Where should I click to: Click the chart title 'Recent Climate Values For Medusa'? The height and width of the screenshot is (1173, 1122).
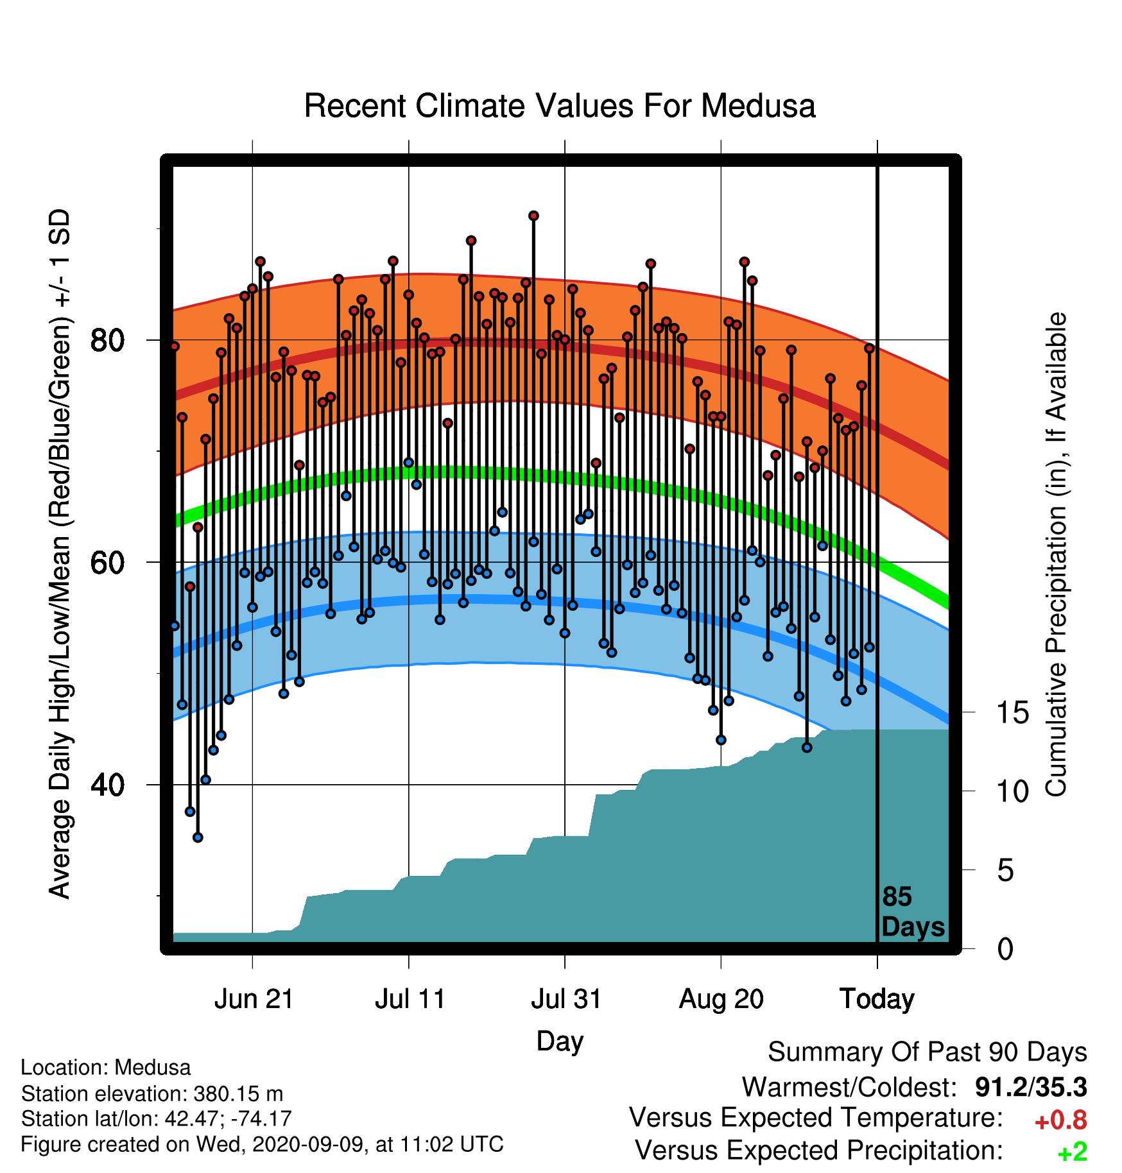click(x=560, y=106)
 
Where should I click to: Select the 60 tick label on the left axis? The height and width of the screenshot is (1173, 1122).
click(x=107, y=563)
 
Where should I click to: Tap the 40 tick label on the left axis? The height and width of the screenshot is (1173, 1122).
click(x=107, y=785)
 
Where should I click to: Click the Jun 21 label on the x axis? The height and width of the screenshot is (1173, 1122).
click(x=254, y=999)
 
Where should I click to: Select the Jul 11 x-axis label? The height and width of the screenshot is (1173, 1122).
click(x=410, y=999)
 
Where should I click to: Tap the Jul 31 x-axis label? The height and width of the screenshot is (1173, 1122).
click(x=565, y=999)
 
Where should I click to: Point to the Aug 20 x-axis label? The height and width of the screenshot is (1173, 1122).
click(x=721, y=999)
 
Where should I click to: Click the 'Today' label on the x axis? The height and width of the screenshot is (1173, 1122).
click(x=877, y=999)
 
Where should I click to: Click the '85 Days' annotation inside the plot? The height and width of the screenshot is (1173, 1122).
click(x=912, y=912)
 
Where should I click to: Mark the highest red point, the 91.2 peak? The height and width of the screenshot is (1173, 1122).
click(x=533, y=216)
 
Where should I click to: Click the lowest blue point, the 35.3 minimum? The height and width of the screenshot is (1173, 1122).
click(x=198, y=837)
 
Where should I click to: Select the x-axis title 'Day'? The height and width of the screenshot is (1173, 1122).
click(x=560, y=1041)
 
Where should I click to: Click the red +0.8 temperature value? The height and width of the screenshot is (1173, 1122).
click(x=1060, y=1120)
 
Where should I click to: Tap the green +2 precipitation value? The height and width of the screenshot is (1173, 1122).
click(x=1072, y=1152)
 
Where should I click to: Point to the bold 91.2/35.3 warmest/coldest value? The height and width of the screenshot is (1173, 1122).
click(x=1031, y=1087)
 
